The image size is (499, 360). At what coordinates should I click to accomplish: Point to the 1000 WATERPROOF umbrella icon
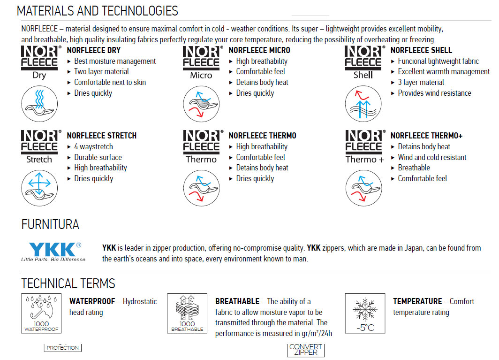pyautogui.click(x=41, y=314)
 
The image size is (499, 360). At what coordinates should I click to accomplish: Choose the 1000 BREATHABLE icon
pyautogui.click(x=187, y=314)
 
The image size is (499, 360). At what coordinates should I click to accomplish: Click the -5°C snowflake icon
pyautogui.click(x=365, y=314)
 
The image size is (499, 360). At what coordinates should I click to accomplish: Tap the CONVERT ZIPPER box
pyautogui.click(x=305, y=350)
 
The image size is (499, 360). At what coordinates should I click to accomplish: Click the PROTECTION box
pyautogui.click(x=63, y=348)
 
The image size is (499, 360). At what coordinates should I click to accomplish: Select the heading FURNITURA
pyautogui.click(x=50, y=225)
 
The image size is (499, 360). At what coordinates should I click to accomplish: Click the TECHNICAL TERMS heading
pyautogui.click(x=68, y=283)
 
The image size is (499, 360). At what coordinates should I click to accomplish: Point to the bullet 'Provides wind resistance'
pyautogui.click(x=434, y=93)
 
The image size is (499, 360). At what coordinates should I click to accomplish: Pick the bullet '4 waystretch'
pyautogui.click(x=93, y=146)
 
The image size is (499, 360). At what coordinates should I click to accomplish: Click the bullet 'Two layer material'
pyautogui.click(x=101, y=71)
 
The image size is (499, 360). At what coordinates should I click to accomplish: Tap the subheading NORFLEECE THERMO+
pyautogui.click(x=426, y=136)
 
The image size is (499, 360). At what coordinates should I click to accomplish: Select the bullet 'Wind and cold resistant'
pyautogui.click(x=432, y=157)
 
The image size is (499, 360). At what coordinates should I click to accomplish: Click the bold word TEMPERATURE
pyautogui.click(x=417, y=301)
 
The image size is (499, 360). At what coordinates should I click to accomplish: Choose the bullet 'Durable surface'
pyautogui.click(x=98, y=157)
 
